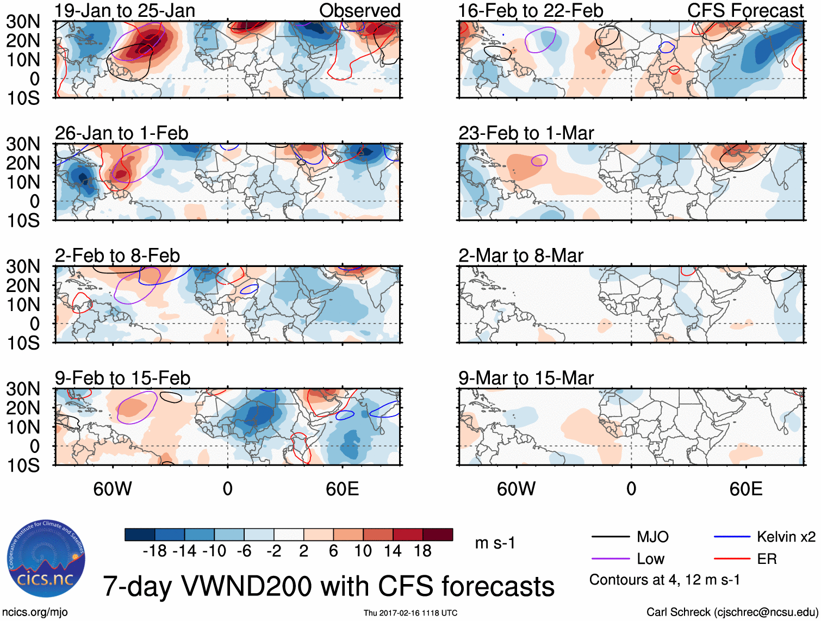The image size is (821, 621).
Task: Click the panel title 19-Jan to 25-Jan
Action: [x=125, y=10]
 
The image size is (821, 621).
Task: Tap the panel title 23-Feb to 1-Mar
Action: [x=526, y=133]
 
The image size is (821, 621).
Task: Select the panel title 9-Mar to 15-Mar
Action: [x=526, y=377]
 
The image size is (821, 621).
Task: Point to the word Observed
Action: [x=359, y=10]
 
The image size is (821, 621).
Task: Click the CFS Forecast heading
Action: [x=745, y=10]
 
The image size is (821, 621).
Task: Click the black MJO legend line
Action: [x=610, y=537]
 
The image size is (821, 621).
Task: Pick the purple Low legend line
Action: [x=610, y=558]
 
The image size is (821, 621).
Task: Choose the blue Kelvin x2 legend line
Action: [x=732, y=537]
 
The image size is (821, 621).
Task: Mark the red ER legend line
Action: [x=732, y=558]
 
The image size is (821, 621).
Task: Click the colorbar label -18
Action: [x=155, y=551]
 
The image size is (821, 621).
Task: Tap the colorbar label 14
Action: [x=393, y=551]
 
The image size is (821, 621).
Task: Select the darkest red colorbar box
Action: [x=438, y=535]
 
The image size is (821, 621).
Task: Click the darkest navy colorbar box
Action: [x=140, y=535]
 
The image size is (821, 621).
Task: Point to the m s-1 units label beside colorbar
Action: [x=495, y=543]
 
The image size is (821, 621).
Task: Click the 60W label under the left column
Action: [x=113, y=488]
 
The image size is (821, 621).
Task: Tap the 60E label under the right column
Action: [x=745, y=488]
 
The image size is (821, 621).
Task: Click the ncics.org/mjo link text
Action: [x=35, y=612]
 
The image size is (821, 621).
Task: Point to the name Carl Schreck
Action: [x=678, y=612]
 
